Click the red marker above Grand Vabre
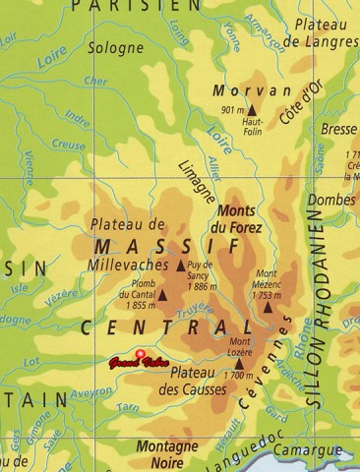(140, 354)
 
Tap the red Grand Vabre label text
(137, 364)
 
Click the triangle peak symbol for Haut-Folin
(252, 110)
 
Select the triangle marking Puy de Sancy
(181, 265)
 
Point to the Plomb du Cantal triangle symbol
(163, 294)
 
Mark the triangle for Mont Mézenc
(268, 308)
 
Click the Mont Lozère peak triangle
(239, 364)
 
